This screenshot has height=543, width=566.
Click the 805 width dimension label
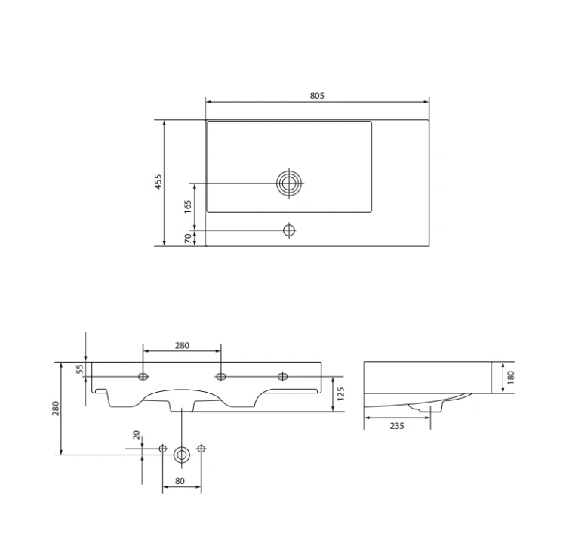pyautogui.click(x=317, y=96)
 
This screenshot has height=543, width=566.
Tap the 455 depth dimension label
pyautogui.click(x=158, y=182)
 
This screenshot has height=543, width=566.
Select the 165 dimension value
pyautogui.click(x=188, y=207)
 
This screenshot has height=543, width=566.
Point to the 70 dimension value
pyautogui.click(x=188, y=239)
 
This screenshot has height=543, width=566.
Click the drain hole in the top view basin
pyautogui.click(x=289, y=184)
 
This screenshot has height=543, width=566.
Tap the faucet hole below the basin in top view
pyautogui.click(x=289, y=230)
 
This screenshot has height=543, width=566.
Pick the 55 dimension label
pyautogui.click(x=80, y=369)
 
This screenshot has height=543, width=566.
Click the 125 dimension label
pyautogui.click(x=340, y=394)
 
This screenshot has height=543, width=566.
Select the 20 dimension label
pyautogui.click(x=136, y=435)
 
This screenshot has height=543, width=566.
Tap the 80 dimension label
pyautogui.click(x=180, y=481)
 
